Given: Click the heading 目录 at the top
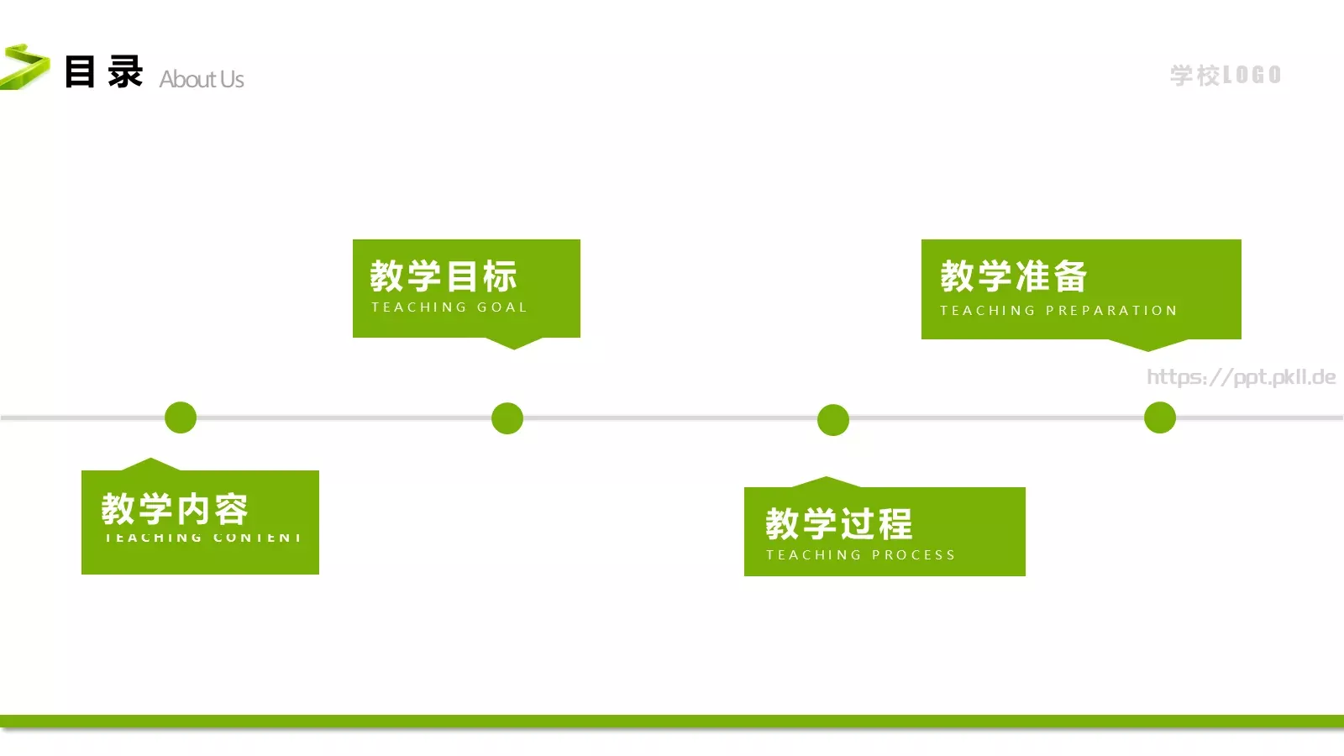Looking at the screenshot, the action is (103, 72).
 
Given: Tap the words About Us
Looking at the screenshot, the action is (202, 79).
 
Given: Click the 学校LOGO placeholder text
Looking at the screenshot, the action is (1226, 75).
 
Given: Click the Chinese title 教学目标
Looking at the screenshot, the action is (444, 276).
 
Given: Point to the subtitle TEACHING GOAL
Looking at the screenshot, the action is (449, 307).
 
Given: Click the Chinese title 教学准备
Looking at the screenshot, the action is (1014, 276).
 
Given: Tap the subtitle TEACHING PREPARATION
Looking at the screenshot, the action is (1058, 311).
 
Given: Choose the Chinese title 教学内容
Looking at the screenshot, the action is (175, 508).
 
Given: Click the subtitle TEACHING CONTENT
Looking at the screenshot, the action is (202, 538).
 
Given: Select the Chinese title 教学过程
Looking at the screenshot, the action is (838, 524).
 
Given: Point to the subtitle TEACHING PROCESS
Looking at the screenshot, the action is (860, 555).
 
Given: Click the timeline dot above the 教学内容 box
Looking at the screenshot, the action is (181, 417).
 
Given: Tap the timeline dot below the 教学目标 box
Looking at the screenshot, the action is (507, 418).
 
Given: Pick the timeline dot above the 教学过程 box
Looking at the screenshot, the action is (833, 420).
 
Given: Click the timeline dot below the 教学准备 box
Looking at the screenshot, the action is (1160, 417).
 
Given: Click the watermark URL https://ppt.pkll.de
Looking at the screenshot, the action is (1241, 377).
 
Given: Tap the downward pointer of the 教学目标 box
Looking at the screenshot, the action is (514, 343).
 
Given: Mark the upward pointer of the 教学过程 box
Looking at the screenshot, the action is (827, 482).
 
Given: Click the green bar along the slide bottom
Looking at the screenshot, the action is (672, 722).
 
